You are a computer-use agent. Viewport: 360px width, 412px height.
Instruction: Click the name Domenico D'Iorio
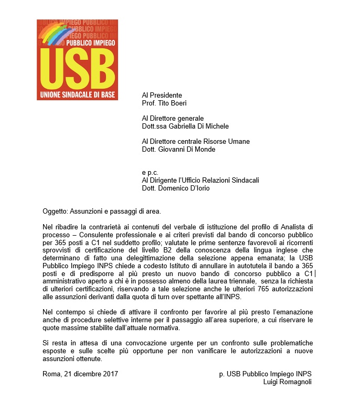(184, 188)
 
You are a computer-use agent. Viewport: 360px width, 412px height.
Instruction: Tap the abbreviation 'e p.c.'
(151, 172)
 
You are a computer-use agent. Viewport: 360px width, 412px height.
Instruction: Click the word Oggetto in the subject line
(55, 212)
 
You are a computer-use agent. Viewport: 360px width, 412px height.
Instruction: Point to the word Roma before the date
(51, 374)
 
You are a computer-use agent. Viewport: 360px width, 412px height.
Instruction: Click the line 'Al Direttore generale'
(173, 119)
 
